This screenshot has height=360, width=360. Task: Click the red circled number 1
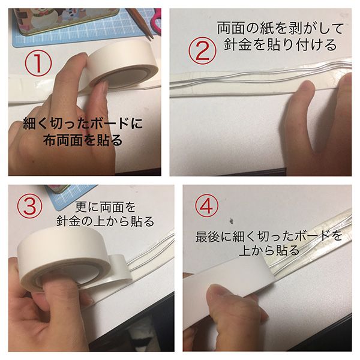[x=38, y=64]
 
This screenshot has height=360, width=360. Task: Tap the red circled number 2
[x=202, y=51]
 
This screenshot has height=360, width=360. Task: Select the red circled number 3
[x=30, y=206]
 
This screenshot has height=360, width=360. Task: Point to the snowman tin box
[x=67, y=20]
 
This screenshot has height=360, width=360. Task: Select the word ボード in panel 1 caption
[x=110, y=124]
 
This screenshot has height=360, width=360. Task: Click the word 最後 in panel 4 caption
[x=207, y=237]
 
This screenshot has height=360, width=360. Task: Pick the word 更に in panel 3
[x=87, y=208]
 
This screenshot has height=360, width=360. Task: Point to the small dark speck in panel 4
[x=231, y=221]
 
